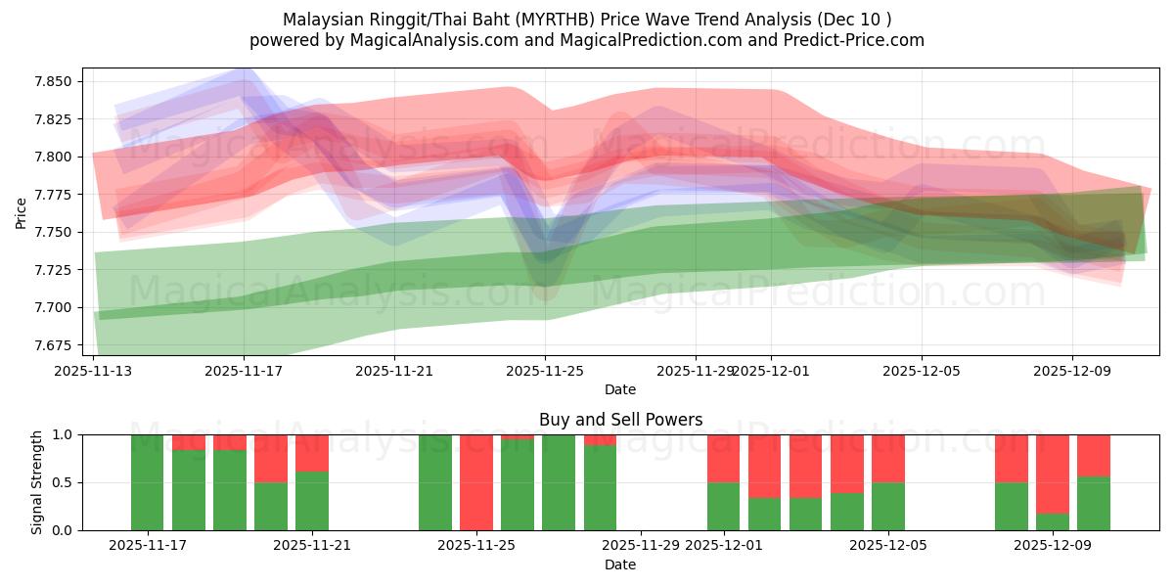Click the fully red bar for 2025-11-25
[476, 482]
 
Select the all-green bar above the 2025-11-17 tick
[147, 482]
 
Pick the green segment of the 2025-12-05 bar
[888, 506]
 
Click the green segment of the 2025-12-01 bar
[724, 506]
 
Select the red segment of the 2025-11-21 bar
[312, 453]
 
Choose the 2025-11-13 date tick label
[94, 371]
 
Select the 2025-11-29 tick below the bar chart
[640, 546]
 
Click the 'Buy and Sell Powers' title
[620, 420]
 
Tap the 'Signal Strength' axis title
[36, 482]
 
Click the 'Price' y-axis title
[22, 212]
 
